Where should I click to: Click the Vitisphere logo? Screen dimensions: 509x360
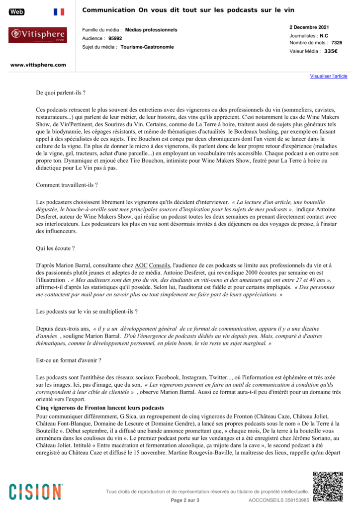point(37,35)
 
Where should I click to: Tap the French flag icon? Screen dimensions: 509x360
point(59,12)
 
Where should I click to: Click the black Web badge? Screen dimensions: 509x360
point(16,12)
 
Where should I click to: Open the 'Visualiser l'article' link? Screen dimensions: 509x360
point(329,76)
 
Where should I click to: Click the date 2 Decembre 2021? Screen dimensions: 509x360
point(309,27)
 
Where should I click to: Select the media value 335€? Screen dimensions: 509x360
point(331,51)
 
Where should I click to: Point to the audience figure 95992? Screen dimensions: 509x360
point(115,38)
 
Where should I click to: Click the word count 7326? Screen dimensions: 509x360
point(337,43)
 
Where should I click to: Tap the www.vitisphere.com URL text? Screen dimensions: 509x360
point(38,65)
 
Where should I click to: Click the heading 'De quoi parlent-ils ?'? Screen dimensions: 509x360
point(61,93)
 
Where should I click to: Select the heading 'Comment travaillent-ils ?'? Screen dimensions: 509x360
point(67,185)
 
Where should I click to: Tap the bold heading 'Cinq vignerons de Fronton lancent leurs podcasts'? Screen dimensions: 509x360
point(100,408)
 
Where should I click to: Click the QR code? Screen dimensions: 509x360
point(328,486)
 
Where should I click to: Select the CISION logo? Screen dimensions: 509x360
point(36,491)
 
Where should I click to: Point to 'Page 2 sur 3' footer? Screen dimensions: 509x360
point(185,500)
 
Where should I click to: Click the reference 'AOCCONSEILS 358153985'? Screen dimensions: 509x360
point(278,500)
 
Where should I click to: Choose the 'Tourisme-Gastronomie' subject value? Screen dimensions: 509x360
point(147,47)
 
